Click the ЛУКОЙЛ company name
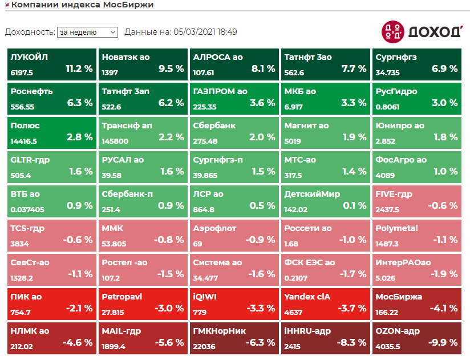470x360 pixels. (29, 57)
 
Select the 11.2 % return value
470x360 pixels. (79, 68)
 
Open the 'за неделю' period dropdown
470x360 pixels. (87, 33)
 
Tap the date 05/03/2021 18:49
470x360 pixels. (205, 32)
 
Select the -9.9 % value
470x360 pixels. (444, 342)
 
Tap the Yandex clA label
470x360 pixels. (307, 297)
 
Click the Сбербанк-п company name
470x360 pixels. (127, 194)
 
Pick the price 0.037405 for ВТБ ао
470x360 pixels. (27, 209)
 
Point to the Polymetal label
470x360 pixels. (396, 228)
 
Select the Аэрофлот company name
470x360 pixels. (214, 228)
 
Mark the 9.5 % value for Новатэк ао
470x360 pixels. (171, 68)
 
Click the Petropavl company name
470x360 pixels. (121, 297)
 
